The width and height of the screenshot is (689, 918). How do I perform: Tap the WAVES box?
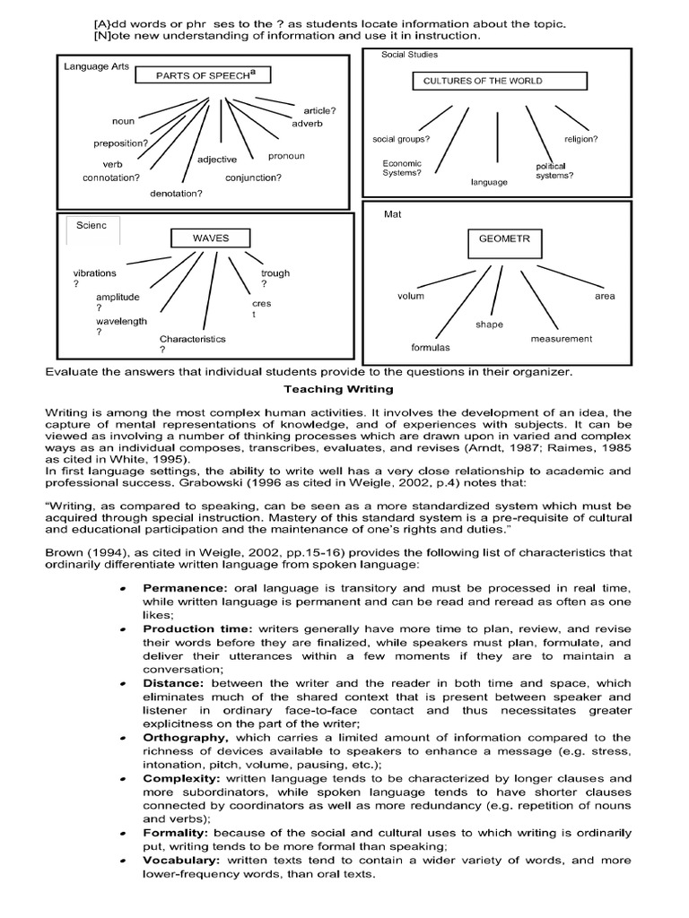212,238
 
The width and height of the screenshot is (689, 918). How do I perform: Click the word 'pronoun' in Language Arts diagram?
286,156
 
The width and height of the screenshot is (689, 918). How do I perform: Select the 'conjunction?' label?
253,178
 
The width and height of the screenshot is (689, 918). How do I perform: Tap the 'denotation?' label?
176,193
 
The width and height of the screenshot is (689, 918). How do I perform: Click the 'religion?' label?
580,140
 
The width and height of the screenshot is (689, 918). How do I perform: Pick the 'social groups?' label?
401,140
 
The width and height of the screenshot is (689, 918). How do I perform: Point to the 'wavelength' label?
122,321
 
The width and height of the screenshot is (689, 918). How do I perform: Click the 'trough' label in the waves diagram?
275,273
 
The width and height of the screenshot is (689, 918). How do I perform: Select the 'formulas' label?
431,347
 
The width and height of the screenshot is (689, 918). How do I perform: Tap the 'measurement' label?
561,339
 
